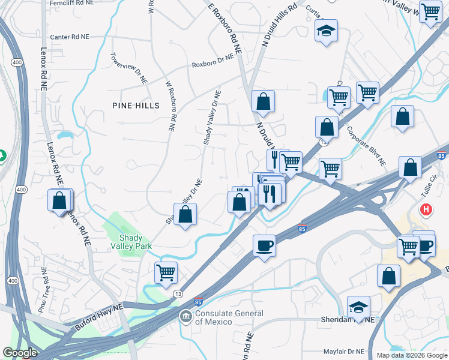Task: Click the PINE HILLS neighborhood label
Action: point(136,106)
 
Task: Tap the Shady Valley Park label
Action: point(131,241)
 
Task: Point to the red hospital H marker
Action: point(426,210)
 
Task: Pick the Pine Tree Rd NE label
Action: point(43,294)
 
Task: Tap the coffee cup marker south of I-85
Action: point(264,245)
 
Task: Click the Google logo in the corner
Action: point(20,353)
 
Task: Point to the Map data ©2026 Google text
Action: point(411,355)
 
